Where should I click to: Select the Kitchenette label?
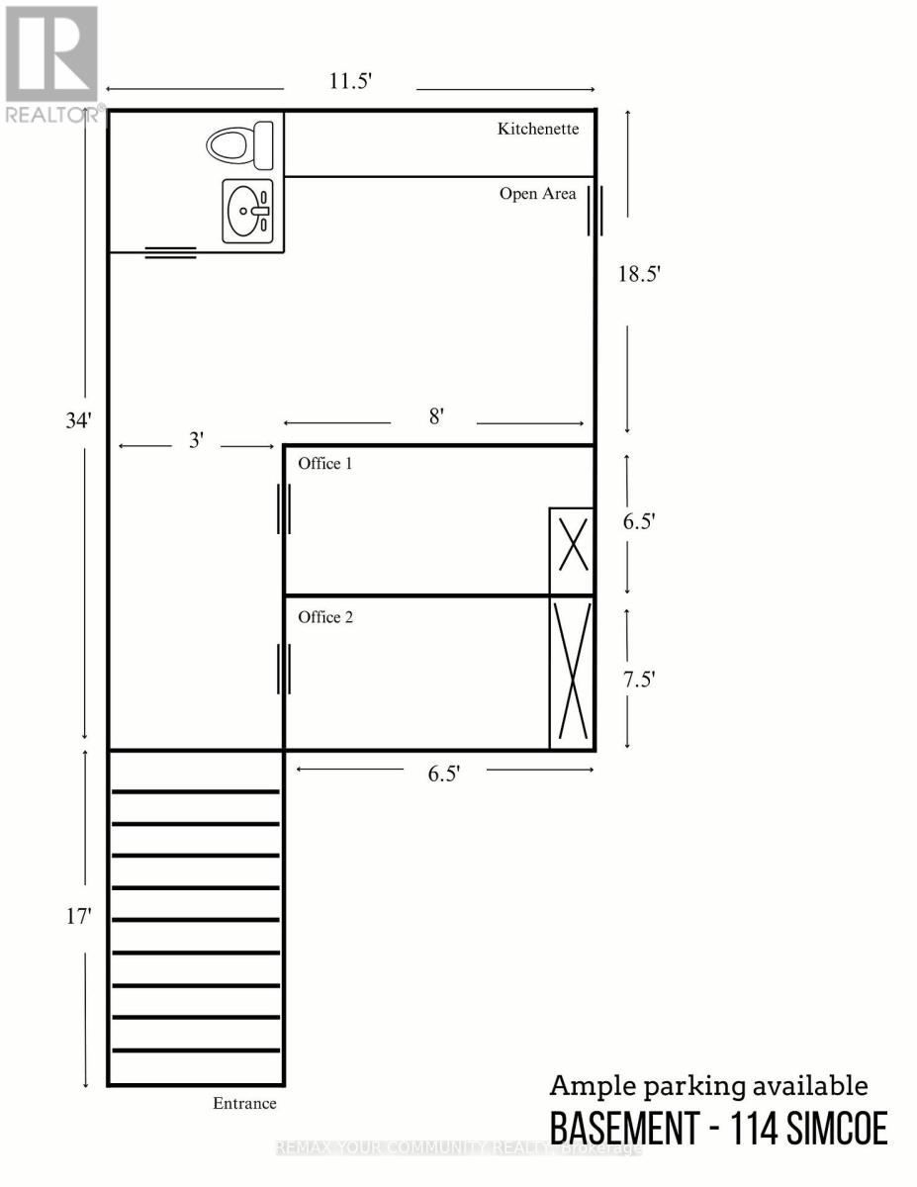[537, 129]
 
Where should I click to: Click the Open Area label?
[537, 194]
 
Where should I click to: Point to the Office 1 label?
[325, 463]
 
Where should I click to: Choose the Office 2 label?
[325, 617]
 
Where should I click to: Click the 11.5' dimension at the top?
[350, 82]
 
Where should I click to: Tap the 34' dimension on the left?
[78, 419]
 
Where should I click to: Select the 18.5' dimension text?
[638, 275]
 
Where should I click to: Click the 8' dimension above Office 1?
[435, 417]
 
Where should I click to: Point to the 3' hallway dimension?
[197, 441]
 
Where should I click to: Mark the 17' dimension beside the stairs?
[78, 917]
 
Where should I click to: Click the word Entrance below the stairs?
[244, 1103]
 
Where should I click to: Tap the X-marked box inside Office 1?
[572, 551]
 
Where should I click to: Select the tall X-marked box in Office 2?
[572, 673]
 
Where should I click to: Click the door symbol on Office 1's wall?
[284, 510]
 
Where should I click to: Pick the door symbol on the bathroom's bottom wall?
[171, 252]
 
